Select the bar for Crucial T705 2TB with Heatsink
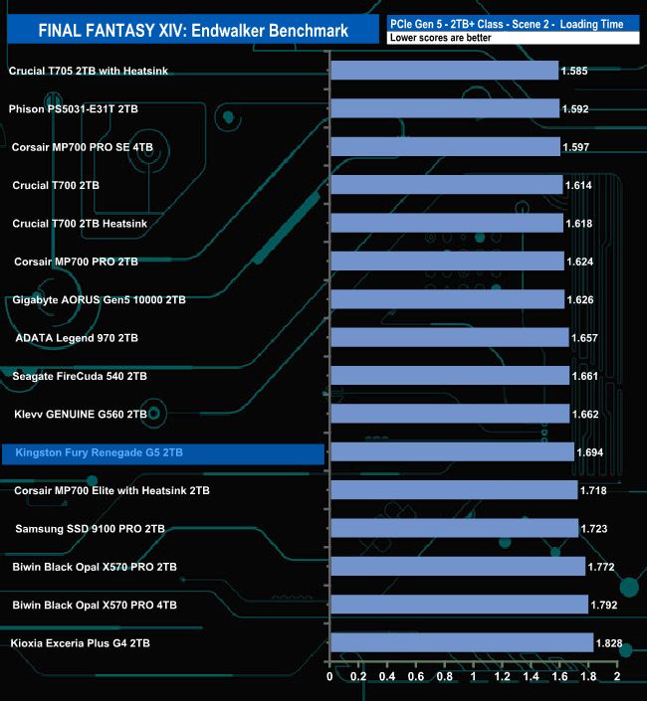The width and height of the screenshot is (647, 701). [x=444, y=71]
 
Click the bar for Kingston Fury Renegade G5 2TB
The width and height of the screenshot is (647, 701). [x=452, y=453]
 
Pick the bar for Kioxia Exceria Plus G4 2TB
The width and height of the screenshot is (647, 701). [x=461, y=643]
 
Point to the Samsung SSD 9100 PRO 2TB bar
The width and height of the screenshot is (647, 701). [x=454, y=528]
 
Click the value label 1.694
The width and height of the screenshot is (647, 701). [x=592, y=453]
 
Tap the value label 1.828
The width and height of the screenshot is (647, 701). [x=609, y=643]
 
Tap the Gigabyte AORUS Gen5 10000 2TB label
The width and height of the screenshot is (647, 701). [x=99, y=299]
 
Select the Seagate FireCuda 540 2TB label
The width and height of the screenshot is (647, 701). [x=80, y=376]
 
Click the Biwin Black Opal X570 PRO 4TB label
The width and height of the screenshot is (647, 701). [x=95, y=605]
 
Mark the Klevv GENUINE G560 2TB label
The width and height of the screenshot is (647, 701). [x=81, y=414]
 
